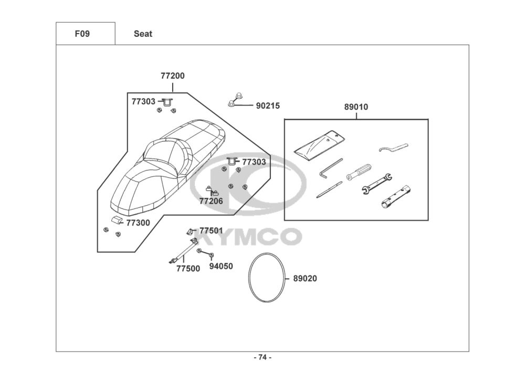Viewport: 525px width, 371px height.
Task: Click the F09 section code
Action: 82,34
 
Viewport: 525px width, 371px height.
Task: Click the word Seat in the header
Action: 143,34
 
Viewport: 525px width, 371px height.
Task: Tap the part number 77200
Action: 173,76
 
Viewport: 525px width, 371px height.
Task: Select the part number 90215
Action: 268,105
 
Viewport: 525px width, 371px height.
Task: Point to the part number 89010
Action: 356,107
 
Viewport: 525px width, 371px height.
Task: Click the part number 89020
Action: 305,279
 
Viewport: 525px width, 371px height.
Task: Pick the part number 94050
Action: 221,266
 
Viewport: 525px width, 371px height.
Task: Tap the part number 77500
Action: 188,269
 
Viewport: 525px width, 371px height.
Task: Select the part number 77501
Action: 211,230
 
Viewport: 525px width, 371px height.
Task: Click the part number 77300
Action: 138,222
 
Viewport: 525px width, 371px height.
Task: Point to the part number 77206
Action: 211,201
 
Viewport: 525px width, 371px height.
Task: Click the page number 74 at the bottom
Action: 262,357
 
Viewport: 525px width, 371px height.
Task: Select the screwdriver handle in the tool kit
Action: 359,171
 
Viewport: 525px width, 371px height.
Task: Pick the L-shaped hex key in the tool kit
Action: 330,168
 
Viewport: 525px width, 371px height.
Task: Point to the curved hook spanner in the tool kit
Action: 393,148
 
